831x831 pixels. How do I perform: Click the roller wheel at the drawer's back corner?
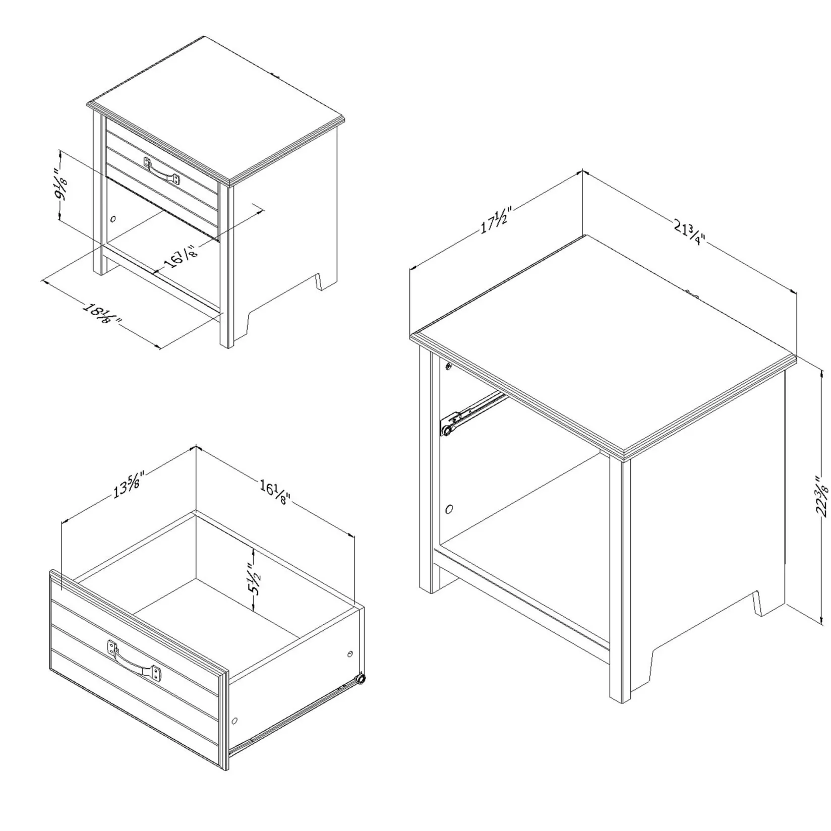coord(360,679)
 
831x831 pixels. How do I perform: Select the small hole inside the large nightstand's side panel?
coord(449,509)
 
